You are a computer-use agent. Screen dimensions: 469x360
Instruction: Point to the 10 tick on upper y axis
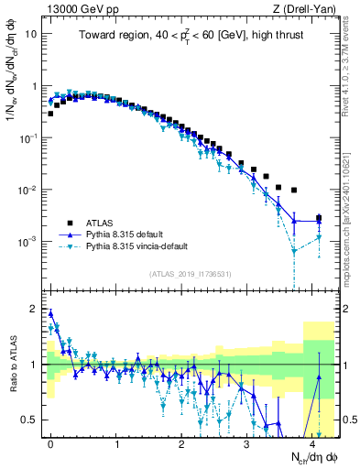(33, 34)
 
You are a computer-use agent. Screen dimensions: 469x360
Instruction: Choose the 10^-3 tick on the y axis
(31, 242)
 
